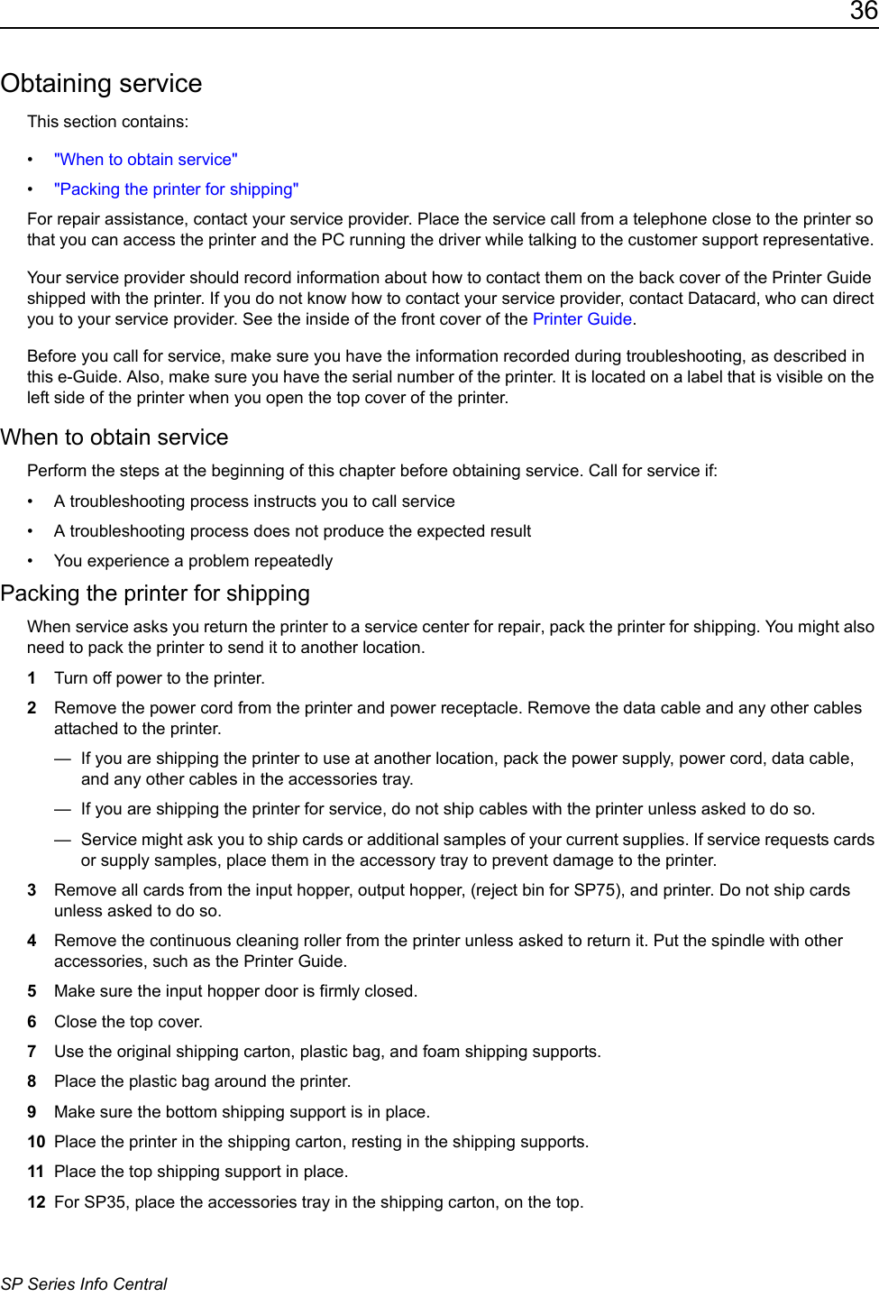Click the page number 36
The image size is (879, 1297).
pos(863,12)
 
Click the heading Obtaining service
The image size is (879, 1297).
pos(101,83)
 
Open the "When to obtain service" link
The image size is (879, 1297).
pos(145,160)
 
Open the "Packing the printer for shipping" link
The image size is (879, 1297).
pos(176,189)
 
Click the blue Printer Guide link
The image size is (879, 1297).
pos(581,319)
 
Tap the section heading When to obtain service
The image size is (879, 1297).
pos(114,437)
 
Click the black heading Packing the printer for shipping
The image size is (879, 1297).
pos(155,593)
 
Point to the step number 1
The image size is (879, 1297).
pos(32,678)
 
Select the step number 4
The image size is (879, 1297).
pos(32,941)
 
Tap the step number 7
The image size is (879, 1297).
pos(32,1052)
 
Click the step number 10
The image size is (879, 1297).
pos(36,1142)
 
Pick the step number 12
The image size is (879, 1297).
pos(36,1202)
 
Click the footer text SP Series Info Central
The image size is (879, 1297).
pos(84,1284)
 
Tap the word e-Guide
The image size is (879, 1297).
pos(86,377)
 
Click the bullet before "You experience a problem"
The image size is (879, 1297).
pos(31,561)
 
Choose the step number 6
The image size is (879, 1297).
pos(32,1022)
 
